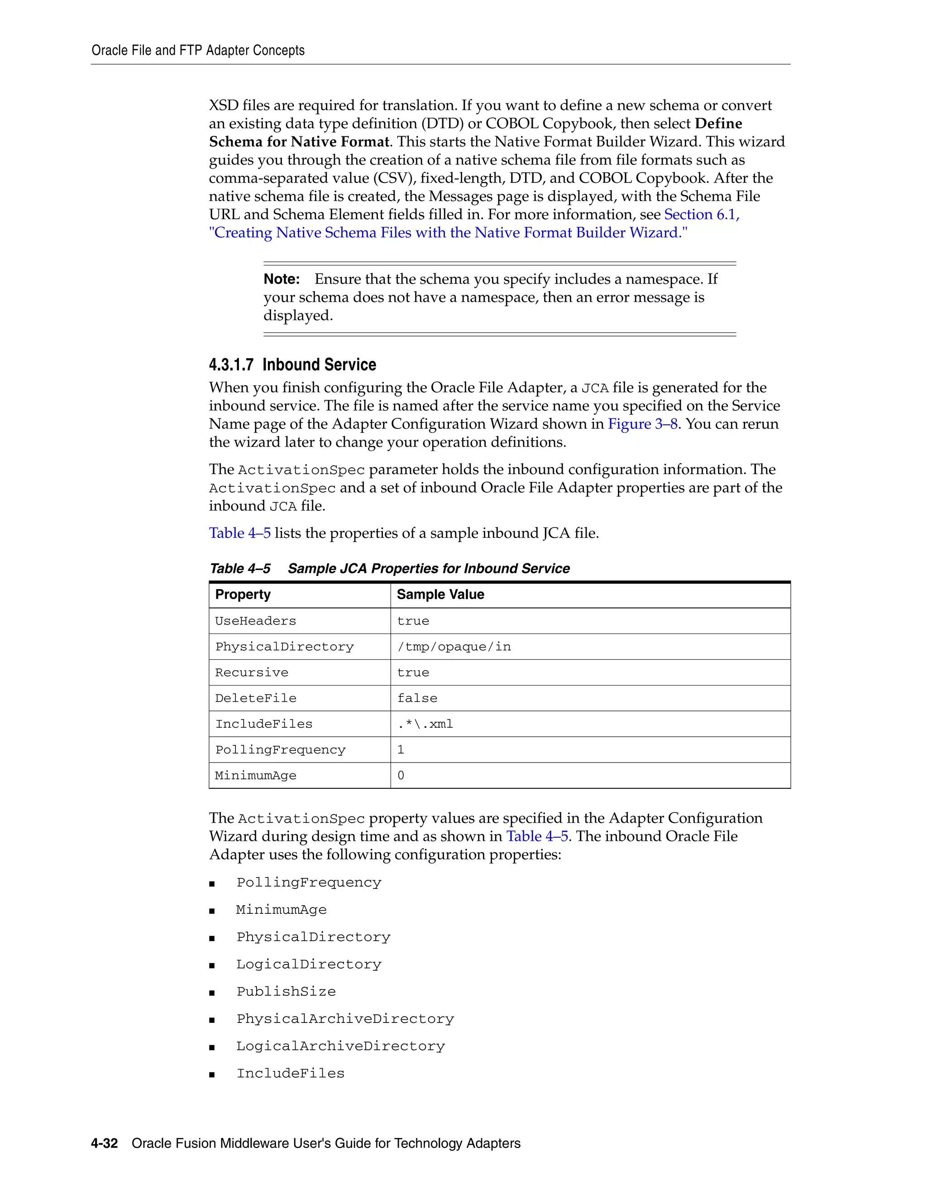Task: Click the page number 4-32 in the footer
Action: point(105,1143)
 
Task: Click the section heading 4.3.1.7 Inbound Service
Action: point(292,365)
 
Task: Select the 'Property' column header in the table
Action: point(243,595)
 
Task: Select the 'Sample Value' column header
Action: point(440,595)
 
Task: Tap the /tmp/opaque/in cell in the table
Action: point(454,647)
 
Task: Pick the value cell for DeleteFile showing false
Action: point(417,698)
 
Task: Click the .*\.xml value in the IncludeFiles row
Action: point(425,724)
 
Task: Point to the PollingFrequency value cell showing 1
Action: point(401,750)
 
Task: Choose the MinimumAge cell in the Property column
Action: point(256,776)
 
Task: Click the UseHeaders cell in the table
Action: point(255,621)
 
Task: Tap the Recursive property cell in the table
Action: point(252,672)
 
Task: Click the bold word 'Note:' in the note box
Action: point(282,279)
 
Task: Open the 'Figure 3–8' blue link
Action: point(643,424)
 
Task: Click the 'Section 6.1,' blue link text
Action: point(702,214)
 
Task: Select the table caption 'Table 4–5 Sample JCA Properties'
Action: point(389,569)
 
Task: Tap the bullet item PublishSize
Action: point(286,992)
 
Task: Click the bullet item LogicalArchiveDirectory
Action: point(340,1046)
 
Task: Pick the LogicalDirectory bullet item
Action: point(309,964)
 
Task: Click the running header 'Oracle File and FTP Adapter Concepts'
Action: point(198,51)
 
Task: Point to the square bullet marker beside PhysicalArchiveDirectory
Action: point(212,1020)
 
